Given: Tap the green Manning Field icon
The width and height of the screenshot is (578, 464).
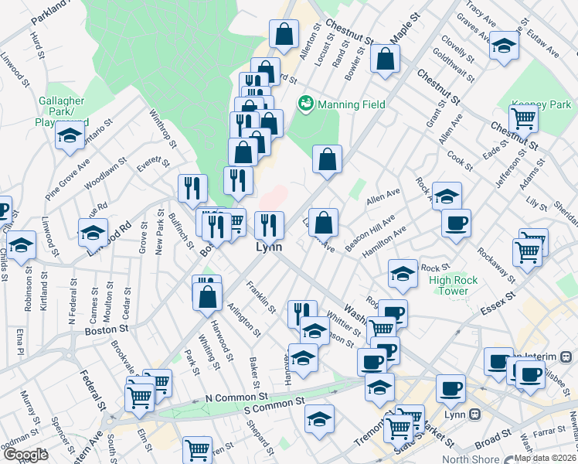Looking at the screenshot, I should point(306,102).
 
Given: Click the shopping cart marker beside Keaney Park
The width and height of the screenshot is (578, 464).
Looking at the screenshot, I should point(524,119).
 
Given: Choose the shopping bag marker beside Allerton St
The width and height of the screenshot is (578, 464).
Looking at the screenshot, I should point(284,34).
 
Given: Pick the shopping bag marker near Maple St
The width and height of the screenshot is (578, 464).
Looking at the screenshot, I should point(385,58).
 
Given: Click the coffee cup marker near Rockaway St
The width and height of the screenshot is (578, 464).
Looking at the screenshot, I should point(456,223).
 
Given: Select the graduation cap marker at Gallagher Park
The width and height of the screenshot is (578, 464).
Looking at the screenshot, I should point(70,136).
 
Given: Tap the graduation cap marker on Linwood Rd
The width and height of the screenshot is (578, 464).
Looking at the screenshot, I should point(92,231).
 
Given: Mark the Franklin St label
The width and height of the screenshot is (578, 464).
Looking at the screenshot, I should point(262,297).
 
